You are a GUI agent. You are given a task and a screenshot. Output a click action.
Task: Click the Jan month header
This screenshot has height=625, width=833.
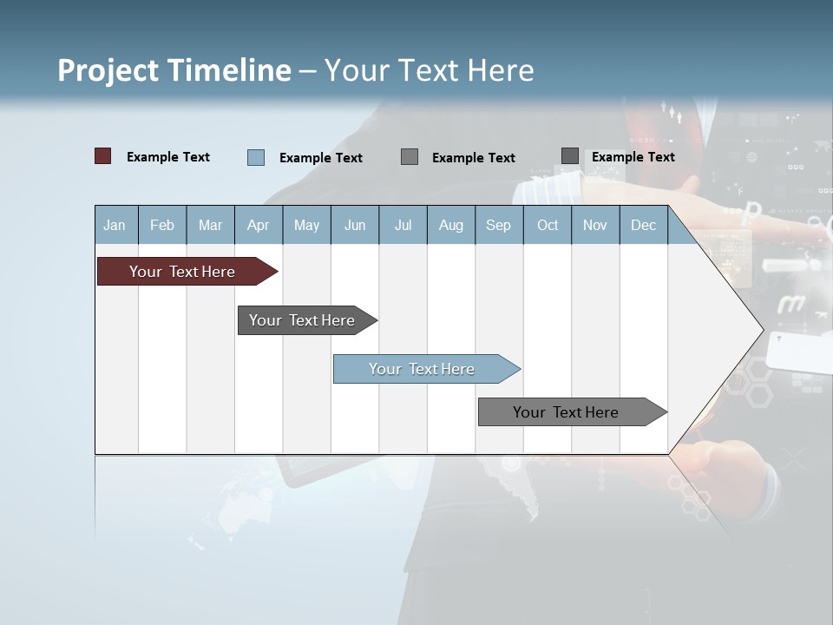115,225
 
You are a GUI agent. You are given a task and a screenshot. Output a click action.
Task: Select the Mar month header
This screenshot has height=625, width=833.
210,225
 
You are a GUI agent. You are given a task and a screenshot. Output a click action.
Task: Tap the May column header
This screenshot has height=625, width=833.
306,225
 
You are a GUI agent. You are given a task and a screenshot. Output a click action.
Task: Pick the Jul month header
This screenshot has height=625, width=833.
403,225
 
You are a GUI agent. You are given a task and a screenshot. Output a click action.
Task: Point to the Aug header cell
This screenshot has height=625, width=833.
450,225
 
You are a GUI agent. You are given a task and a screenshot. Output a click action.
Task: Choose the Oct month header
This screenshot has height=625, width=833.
548,225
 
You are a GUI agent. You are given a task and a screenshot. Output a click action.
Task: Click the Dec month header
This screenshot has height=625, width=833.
643,225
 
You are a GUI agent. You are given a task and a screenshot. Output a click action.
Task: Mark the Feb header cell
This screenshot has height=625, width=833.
162,225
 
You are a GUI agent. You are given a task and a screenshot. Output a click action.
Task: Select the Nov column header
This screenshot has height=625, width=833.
595,225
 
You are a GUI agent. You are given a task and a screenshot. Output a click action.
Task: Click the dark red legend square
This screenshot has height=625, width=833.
103,156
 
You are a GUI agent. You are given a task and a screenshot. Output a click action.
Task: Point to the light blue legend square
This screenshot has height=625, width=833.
256,157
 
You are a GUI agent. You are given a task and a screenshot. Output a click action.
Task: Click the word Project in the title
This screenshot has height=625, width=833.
108,70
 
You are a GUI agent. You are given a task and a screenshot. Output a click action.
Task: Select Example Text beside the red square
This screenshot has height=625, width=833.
168,157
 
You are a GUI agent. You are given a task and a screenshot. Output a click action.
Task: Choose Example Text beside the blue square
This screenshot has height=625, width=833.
321,158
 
